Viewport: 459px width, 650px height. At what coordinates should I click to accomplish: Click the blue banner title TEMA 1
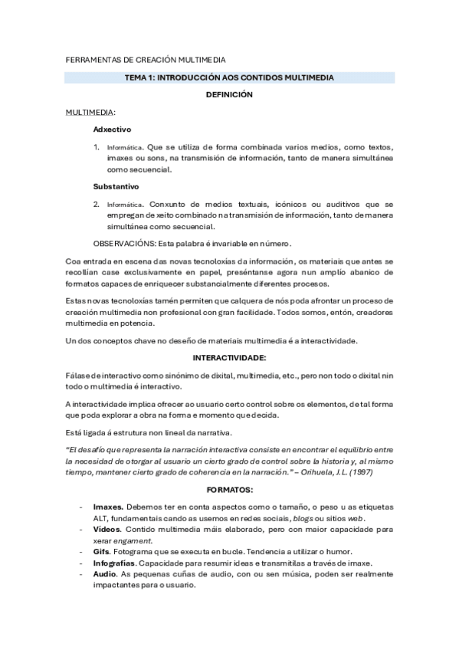(x=229, y=77)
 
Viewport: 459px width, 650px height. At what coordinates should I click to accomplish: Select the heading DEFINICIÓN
(x=229, y=95)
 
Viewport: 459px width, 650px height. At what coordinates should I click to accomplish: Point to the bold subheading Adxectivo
(x=112, y=130)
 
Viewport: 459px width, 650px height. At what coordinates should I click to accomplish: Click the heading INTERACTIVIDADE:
(x=229, y=358)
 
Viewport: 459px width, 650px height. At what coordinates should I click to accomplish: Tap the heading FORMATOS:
(x=229, y=489)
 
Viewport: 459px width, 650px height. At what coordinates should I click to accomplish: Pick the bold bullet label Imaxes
(x=107, y=507)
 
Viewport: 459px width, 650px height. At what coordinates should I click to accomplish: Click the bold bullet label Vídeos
(x=107, y=529)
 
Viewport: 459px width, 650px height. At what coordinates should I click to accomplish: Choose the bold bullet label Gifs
(x=102, y=551)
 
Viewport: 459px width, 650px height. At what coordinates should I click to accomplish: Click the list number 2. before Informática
(x=97, y=204)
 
